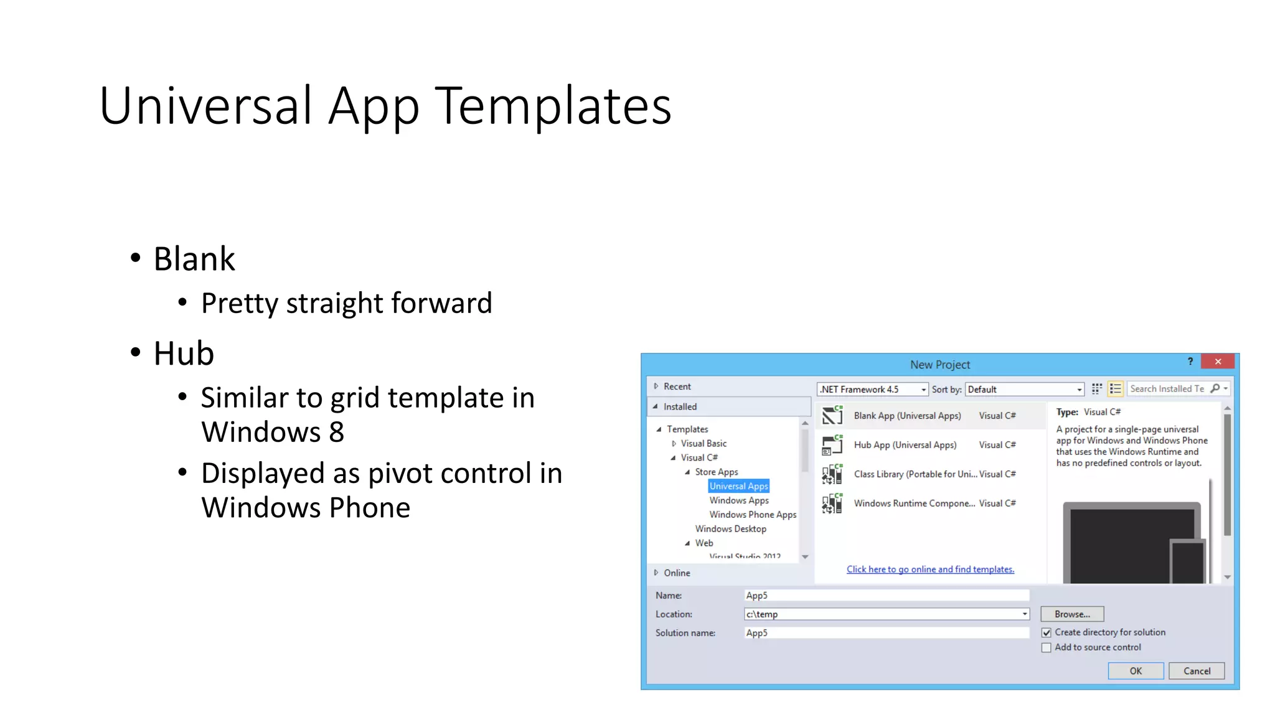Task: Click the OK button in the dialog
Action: click(1135, 671)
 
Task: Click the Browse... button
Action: click(1071, 614)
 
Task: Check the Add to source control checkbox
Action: click(1047, 648)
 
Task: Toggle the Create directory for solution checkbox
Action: click(1047, 632)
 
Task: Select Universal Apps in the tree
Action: click(738, 486)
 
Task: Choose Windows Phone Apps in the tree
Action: click(752, 515)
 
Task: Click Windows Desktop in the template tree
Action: click(730, 529)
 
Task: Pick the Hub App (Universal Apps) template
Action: click(905, 445)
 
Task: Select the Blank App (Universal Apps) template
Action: click(907, 416)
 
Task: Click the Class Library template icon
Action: click(832, 474)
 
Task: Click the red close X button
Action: click(1218, 362)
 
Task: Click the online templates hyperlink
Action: click(930, 569)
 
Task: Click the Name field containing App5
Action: click(886, 596)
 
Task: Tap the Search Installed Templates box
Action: click(1167, 389)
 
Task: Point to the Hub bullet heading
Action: click(184, 354)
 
